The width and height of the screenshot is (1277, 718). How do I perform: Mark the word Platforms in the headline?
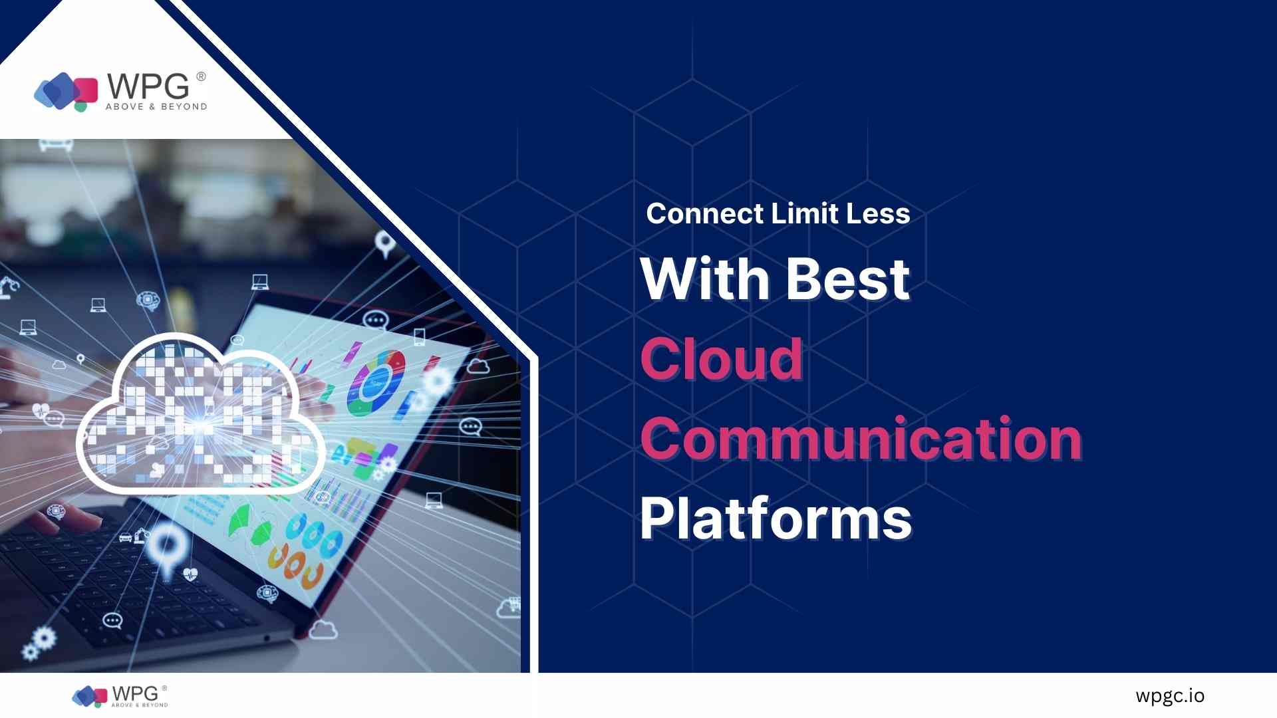pyautogui.click(x=776, y=519)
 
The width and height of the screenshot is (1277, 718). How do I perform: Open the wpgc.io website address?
pyautogui.click(x=1170, y=696)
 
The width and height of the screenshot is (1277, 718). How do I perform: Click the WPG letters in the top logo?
pyautogui.click(x=148, y=86)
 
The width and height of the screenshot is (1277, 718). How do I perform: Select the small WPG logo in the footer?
pyautogui.click(x=120, y=696)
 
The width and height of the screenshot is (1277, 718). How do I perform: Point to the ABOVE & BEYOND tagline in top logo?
pyautogui.click(x=156, y=106)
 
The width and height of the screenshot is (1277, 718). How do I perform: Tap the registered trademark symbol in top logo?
pyautogui.click(x=201, y=76)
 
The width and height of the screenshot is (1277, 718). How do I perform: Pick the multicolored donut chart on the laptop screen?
pyautogui.click(x=376, y=382)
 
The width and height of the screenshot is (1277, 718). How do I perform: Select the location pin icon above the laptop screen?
pyautogui.click(x=385, y=244)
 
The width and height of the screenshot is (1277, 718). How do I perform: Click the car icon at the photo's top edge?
pyautogui.click(x=56, y=144)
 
